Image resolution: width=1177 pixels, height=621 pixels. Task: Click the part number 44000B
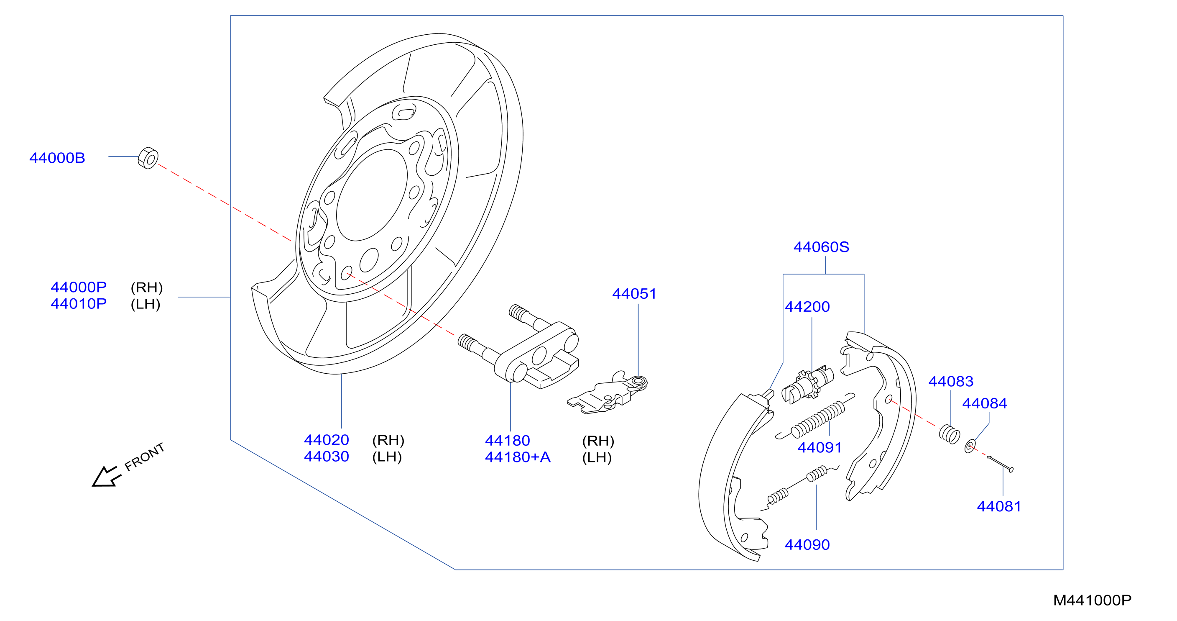tap(57, 158)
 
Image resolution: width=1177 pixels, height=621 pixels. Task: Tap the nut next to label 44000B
tap(148, 158)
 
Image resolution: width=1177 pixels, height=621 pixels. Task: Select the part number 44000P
tap(79, 287)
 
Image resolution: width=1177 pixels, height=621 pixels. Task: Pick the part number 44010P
tap(79, 304)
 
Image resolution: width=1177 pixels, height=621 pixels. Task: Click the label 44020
tap(326, 440)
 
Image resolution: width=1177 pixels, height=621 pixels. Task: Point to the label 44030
tap(326, 457)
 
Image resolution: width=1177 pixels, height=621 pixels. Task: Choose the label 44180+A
tap(518, 457)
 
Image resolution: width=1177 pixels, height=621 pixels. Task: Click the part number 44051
tap(634, 294)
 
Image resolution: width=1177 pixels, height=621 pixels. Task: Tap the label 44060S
tap(821, 247)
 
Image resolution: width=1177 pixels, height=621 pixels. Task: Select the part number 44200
tap(807, 307)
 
